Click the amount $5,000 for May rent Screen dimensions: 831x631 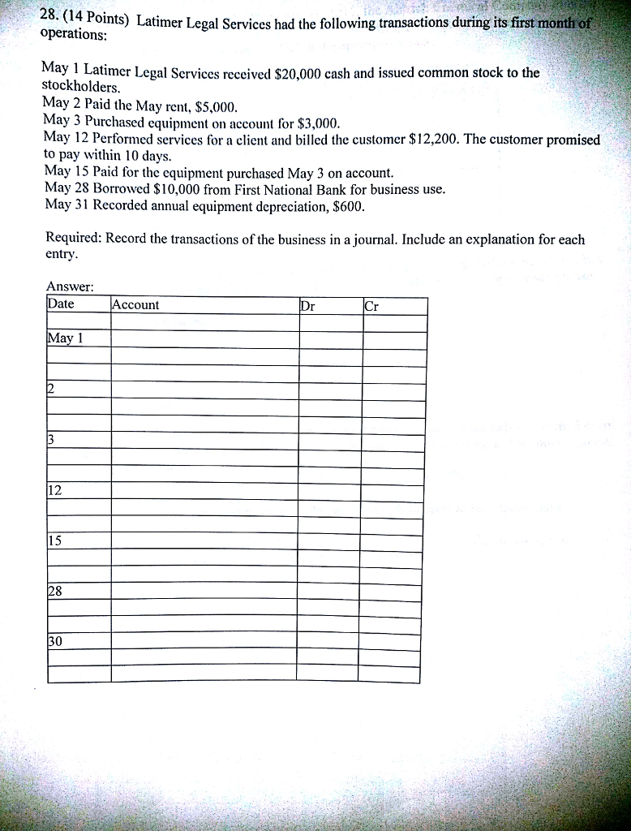pos(216,105)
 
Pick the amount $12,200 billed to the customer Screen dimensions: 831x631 pos(435,139)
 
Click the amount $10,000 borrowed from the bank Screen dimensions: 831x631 pos(178,189)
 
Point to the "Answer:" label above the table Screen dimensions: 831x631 pos(71,286)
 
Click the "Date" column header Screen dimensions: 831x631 pos(61,304)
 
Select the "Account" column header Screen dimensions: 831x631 pos(135,305)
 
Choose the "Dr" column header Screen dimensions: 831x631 pos(307,306)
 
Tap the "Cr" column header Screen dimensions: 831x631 pos(371,306)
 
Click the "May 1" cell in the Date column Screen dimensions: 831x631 pos(66,338)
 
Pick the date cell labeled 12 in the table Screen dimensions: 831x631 pos(55,490)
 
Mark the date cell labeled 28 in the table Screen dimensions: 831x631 pos(55,591)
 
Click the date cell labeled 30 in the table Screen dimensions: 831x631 pos(55,641)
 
